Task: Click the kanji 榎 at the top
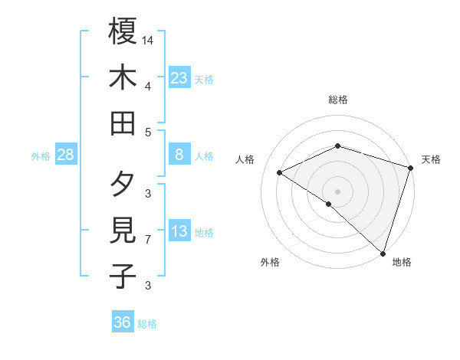[x=123, y=31]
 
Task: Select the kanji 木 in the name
[x=123, y=77]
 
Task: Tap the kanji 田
[x=123, y=123]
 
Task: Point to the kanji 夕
[x=123, y=184]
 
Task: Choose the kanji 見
[x=123, y=230]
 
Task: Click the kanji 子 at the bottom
[x=123, y=276]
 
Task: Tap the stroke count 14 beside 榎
[x=148, y=39]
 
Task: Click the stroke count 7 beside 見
[x=148, y=240]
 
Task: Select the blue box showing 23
[x=179, y=78]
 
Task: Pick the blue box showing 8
[x=179, y=155]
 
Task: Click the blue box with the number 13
[x=179, y=231]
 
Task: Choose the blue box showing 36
[x=123, y=322]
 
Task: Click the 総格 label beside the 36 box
[x=147, y=324]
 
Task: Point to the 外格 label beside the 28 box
[x=41, y=156]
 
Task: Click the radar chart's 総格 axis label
[x=337, y=100]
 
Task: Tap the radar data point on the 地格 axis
[x=382, y=252]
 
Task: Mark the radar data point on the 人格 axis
[x=280, y=173]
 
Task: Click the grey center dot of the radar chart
[x=337, y=190]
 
